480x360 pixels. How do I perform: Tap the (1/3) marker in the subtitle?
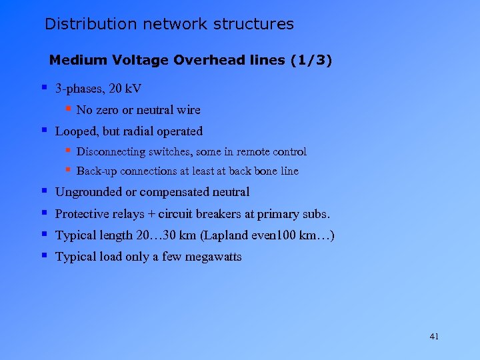[311, 61]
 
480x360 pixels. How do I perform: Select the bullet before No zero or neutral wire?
[68, 108]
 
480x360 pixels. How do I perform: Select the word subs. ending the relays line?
[315, 214]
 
